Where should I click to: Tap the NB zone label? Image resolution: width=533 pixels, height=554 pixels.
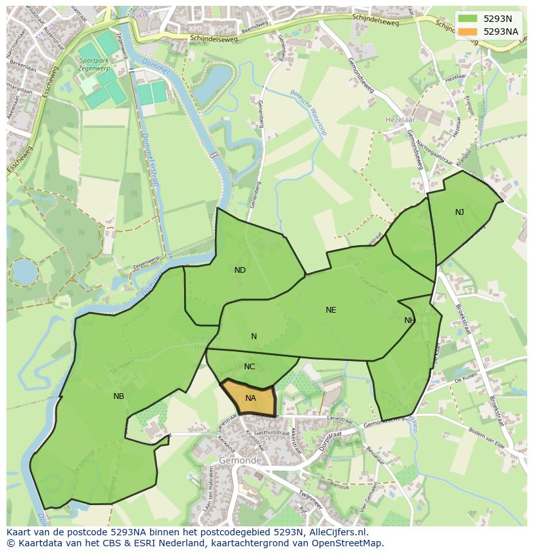pos(118,396)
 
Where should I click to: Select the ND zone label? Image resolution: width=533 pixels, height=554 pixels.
pos(240,270)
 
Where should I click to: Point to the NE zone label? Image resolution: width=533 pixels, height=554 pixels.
pos(331,310)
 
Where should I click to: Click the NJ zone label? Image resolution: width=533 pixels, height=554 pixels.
pos(460,212)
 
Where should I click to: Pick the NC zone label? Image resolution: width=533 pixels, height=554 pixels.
pos(250,367)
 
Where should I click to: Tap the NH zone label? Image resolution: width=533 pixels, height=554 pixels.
pos(410,320)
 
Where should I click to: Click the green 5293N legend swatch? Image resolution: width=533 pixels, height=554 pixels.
pos(468,19)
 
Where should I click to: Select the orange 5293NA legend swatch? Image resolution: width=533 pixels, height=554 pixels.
pos(468,32)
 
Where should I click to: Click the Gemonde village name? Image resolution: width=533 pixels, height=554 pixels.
pos(240,461)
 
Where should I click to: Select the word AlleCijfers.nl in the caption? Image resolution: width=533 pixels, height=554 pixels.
pos(337,532)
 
